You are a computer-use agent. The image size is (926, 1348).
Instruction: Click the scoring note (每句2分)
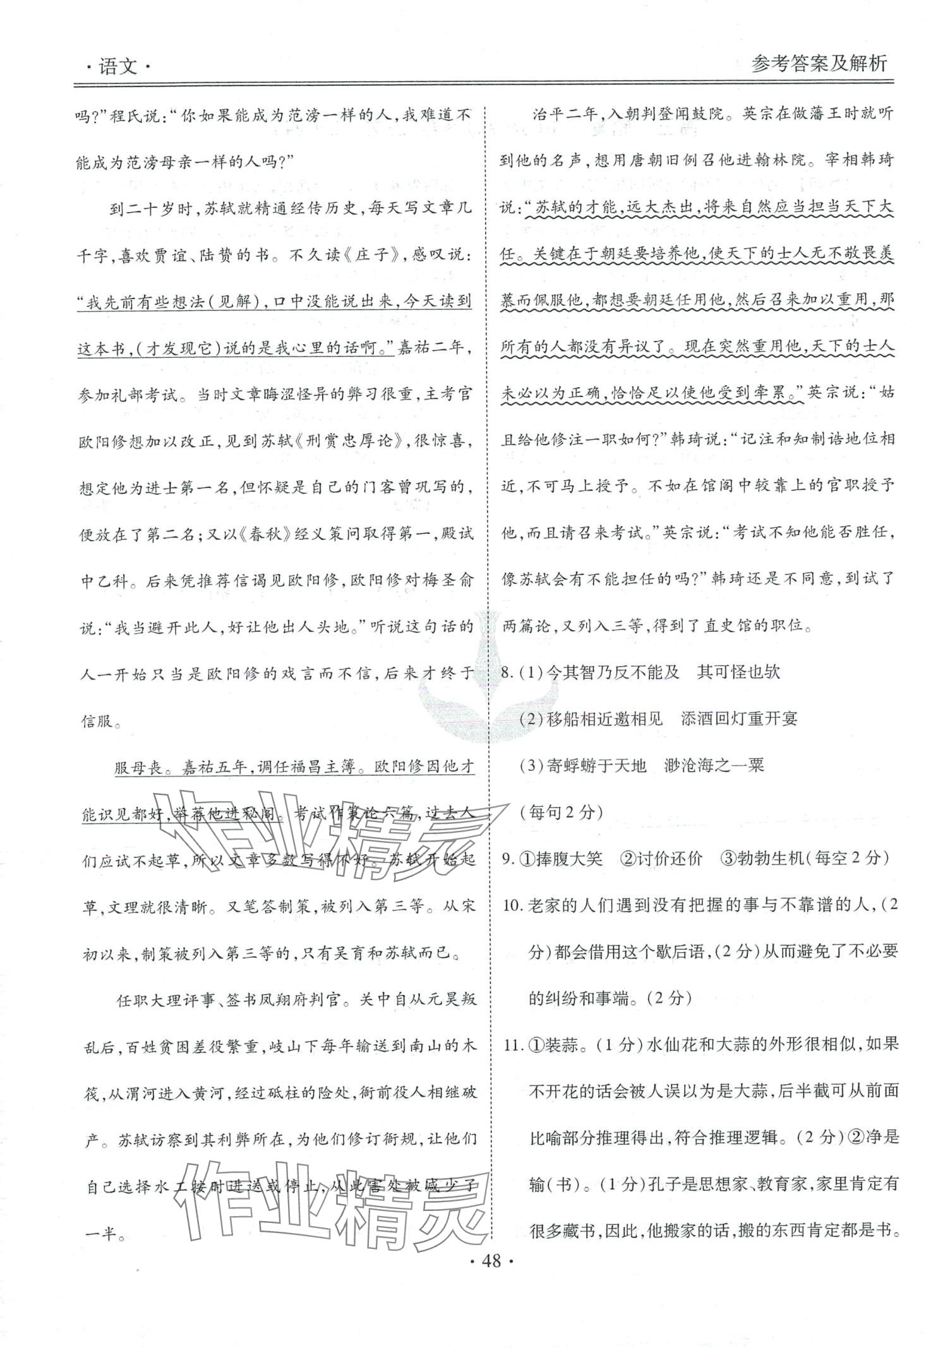(x=556, y=812)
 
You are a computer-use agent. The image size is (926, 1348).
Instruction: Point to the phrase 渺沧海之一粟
(x=714, y=765)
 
